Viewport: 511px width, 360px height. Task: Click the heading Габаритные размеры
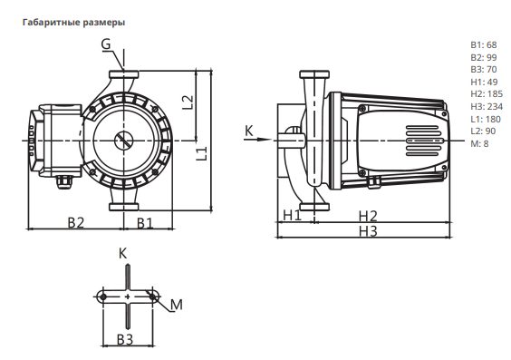[x=73, y=23]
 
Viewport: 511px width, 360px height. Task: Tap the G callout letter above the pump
[x=106, y=44]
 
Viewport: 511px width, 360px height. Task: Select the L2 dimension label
[x=188, y=102]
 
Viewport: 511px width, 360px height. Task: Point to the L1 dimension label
[x=202, y=153]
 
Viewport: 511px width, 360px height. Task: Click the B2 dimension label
[x=75, y=222]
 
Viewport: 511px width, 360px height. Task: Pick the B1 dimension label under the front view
[x=145, y=223]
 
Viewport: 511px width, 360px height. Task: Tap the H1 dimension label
[x=292, y=215]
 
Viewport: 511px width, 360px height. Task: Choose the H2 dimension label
[x=368, y=216]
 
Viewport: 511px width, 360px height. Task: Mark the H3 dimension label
[x=368, y=231]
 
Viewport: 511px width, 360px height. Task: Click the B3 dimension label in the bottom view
[x=125, y=340]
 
